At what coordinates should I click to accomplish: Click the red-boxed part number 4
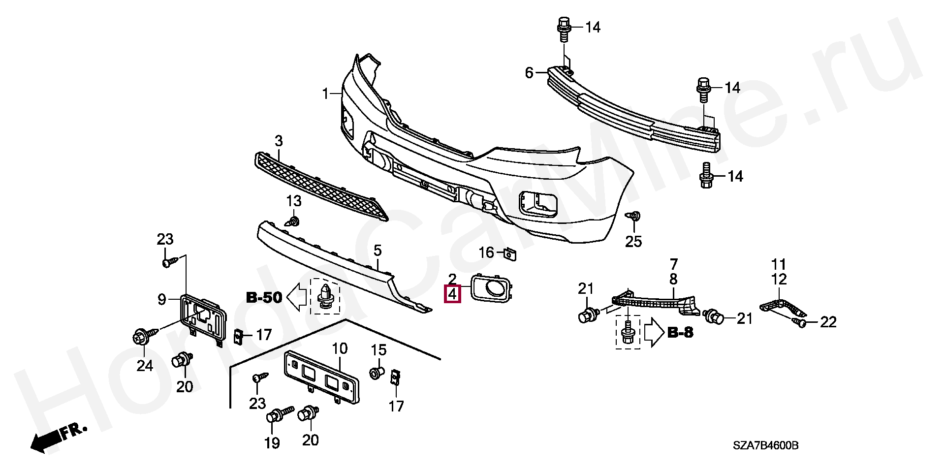(452, 294)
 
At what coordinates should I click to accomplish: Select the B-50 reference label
(264, 297)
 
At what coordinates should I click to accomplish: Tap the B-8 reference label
(680, 333)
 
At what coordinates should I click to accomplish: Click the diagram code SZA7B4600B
(765, 446)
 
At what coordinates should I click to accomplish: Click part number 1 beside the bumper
(325, 93)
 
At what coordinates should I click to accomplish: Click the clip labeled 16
(510, 254)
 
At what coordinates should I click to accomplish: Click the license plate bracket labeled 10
(320, 376)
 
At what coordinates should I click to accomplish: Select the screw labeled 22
(800, 322)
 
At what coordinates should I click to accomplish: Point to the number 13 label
(294, 201)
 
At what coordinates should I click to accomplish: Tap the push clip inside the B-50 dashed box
(325, 295)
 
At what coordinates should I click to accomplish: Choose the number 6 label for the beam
(529, 73)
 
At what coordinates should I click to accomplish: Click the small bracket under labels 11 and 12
(783, 308)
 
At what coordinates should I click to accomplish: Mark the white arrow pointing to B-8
(654, 333)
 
